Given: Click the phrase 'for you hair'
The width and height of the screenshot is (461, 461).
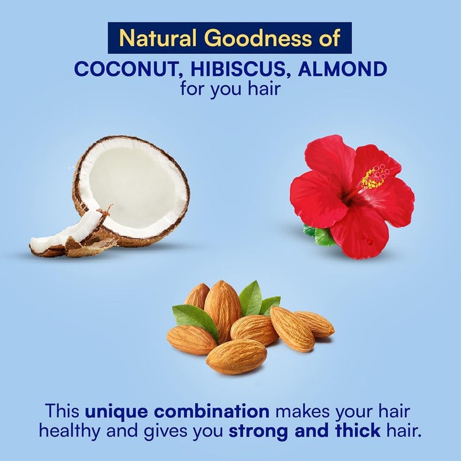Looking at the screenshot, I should [x=230, y=89].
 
